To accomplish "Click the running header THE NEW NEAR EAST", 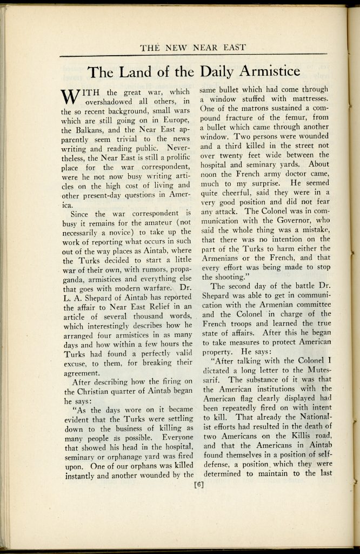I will click(193, 48).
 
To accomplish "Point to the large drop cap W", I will click(71, 97).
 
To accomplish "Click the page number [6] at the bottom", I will click(198, 484).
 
